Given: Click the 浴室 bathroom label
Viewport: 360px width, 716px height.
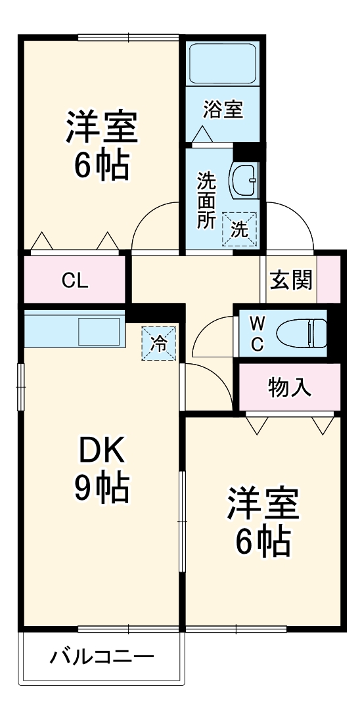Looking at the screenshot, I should tap(223, 110).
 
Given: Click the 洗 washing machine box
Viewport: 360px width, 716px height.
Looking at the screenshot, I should tap(240, 229).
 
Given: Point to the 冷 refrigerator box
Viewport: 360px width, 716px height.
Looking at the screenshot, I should tap(159, 343).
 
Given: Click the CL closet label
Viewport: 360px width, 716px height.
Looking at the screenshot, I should tap(75, 280).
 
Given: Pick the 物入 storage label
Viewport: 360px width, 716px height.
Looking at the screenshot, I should tap(290, 388).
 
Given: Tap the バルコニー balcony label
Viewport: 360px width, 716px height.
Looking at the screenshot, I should tap(102, 656).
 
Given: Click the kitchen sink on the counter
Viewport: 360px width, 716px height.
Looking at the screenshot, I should tap(99, 330).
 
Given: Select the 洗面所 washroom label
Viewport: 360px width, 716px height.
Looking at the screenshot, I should tap(206, 200).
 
